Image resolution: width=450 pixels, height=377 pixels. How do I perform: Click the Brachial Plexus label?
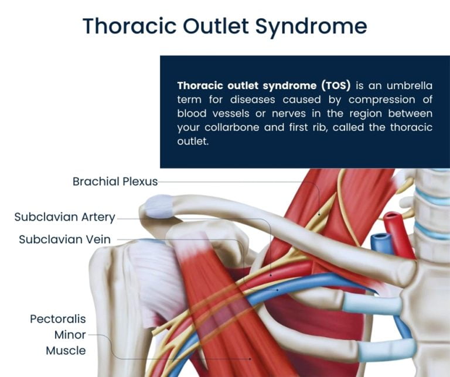115,181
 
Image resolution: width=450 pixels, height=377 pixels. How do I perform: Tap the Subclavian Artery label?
64,217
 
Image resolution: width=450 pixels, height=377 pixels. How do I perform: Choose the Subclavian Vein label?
64,239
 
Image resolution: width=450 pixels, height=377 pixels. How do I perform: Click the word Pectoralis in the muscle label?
57,319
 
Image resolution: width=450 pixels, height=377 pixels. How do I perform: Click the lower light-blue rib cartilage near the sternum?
381,350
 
